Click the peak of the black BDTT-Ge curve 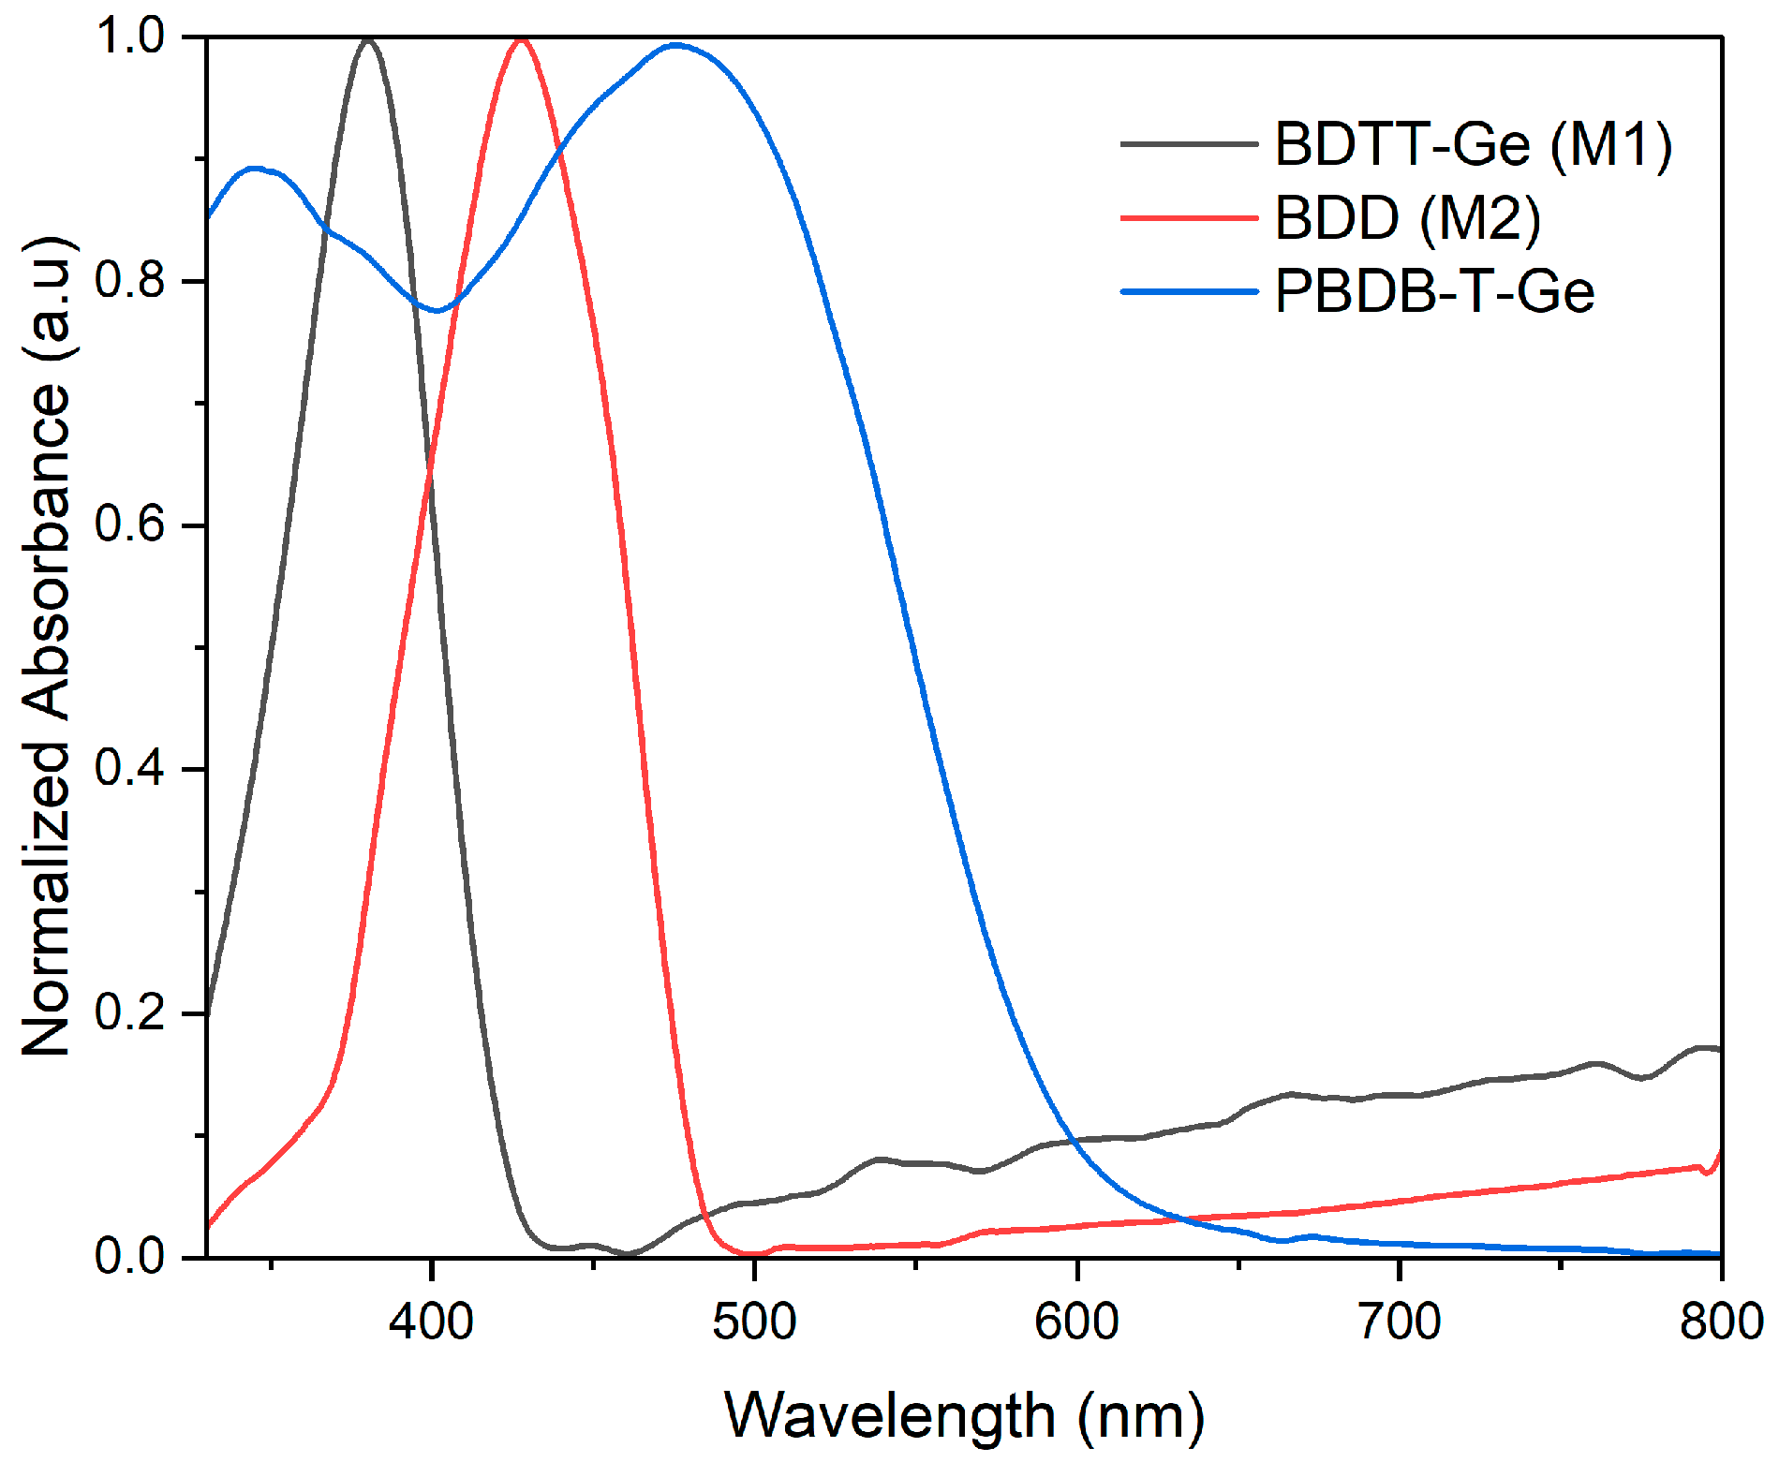tap(367, 40)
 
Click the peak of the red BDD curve tap(521, 40)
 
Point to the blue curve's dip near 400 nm tap(436, 310)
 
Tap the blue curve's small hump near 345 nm tap(255, 169)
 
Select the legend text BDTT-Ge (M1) tap(1473, 145)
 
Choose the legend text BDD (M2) tap(1407, 218)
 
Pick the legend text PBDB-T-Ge tap(1434, 291)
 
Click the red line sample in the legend tap(1189, 218)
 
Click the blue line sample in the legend tap(1189, 291)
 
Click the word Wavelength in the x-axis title tap(889, 1415)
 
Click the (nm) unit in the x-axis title tap(1140, 1417)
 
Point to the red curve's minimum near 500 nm tap(752, 1252)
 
